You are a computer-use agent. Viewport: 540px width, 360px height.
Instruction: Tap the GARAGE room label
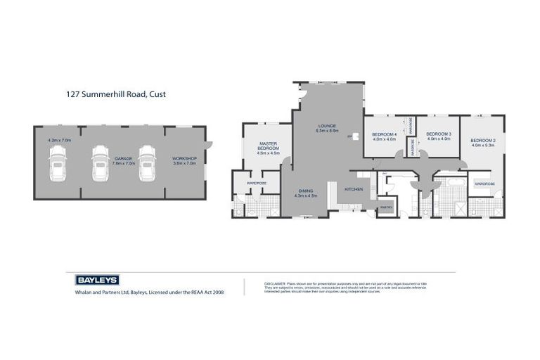click(124, 159)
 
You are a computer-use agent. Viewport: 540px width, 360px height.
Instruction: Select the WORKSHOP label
click(184, 159)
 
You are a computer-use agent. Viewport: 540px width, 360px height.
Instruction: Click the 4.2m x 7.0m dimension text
click(60, 140)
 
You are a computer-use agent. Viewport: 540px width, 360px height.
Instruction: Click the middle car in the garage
click(101, 163)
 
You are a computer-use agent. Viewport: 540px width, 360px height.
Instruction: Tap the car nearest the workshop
click(146, 163)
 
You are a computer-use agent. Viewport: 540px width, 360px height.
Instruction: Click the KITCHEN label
click(353, 189)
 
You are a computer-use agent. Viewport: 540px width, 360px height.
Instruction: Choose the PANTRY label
click(385, 207)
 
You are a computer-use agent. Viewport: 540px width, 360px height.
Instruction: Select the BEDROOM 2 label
click(483, 140)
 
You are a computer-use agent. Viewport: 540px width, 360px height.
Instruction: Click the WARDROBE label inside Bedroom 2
click(484, 184)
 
